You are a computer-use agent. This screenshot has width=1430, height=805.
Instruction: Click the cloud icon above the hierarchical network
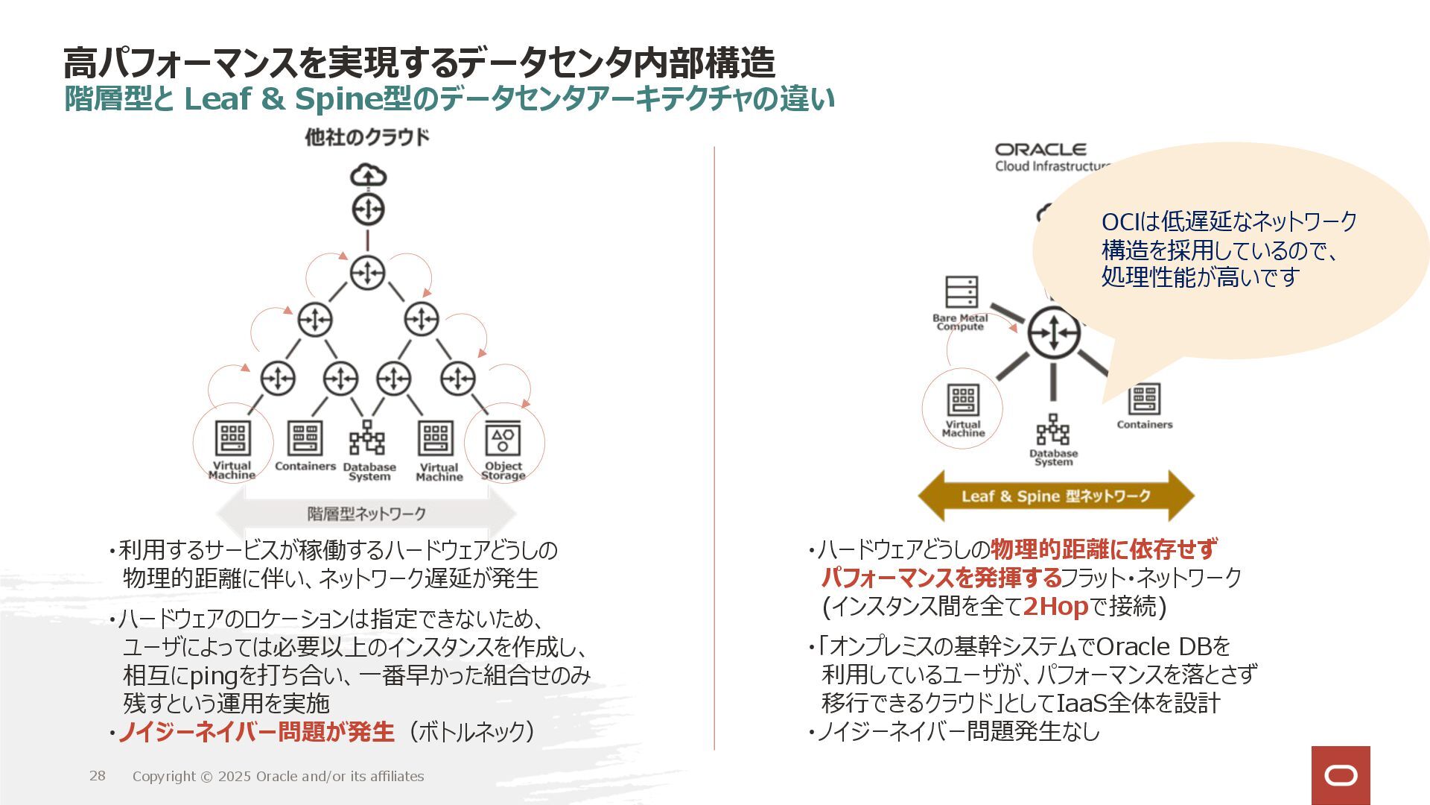368,176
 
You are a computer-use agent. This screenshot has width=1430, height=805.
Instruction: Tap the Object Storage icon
503,439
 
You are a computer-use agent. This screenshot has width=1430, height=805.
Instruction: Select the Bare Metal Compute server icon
961,291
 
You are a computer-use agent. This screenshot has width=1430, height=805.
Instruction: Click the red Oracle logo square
1341,775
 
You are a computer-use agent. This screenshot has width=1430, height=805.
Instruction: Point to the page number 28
98,776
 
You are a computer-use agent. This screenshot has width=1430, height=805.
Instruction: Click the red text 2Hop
1055,607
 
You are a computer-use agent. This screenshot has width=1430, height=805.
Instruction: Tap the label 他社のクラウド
367,137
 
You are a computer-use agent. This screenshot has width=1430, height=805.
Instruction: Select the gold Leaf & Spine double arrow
1055,496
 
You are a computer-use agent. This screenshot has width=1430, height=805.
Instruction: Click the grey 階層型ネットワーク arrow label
366,514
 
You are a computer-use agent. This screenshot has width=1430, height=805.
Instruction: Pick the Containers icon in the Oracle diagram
1144,400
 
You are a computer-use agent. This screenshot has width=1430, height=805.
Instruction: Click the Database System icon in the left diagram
367,438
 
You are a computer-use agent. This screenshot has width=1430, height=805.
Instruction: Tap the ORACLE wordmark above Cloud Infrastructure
1040,150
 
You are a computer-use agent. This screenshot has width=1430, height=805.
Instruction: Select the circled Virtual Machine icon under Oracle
962,400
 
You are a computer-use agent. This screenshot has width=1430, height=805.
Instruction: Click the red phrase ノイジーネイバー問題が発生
256,732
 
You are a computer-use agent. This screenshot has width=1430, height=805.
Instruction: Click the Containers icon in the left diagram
305,438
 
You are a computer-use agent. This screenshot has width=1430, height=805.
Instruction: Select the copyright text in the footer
278,776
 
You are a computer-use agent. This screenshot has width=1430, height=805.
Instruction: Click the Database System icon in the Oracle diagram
1053,430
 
